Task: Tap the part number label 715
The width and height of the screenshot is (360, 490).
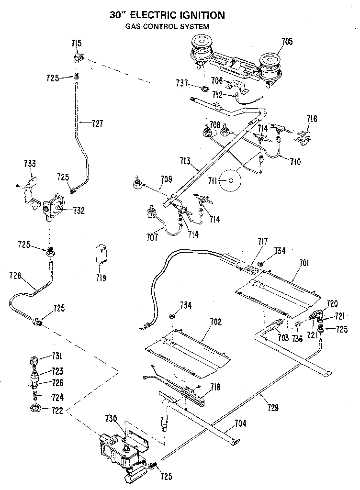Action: coord(76,44)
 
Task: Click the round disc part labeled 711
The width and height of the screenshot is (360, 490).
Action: coord(231,180)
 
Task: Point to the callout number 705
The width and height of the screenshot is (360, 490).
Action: coord(287,42)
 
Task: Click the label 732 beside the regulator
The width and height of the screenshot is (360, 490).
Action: coord(79,210)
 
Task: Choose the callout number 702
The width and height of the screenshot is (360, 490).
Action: coord(216,322)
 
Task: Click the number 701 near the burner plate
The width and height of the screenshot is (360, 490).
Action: coord(304,262)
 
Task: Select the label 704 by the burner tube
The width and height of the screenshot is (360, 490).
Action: coord(241,423)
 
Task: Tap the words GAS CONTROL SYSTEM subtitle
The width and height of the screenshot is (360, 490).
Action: coord(168,27)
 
